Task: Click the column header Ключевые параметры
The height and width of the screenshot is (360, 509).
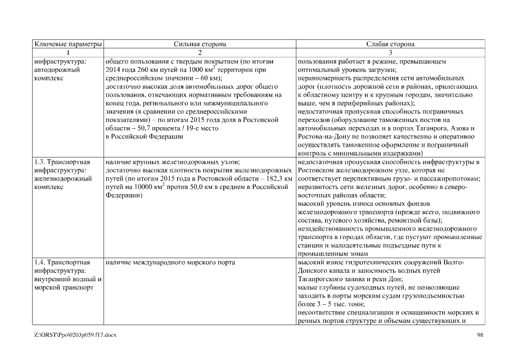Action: coord(67,43)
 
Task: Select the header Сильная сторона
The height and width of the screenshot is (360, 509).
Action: coord(200,43)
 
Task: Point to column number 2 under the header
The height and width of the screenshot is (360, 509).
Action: coord(200,52)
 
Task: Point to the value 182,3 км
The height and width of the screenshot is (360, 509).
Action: coord(277,178)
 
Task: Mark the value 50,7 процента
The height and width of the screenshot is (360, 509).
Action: coord(156,128)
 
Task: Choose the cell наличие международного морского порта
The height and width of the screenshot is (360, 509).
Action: coord(169,263)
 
